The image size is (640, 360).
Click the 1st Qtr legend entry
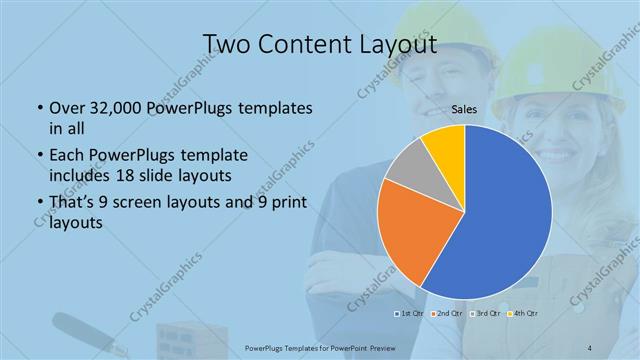[x=410, y=314]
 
